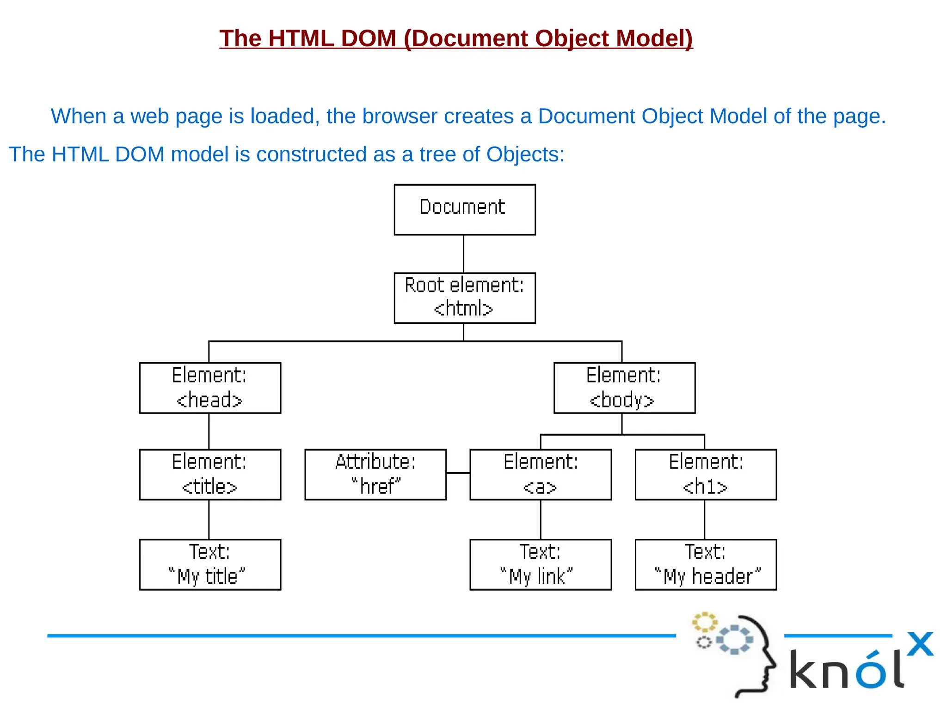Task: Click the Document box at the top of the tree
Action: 464,210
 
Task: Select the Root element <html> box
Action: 464,297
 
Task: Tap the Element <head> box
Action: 210,388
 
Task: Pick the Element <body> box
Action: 624,388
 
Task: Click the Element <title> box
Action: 210,474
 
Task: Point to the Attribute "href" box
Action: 375,474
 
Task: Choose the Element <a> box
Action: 540,474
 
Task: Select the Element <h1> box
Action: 705,474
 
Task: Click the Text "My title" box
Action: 210,564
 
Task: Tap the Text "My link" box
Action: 540,564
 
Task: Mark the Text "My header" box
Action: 705,564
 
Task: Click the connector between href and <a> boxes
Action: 458,473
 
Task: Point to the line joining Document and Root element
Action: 463,253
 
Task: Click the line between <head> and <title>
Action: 209,431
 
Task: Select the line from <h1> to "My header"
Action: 704,519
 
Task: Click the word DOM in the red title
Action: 368,38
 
